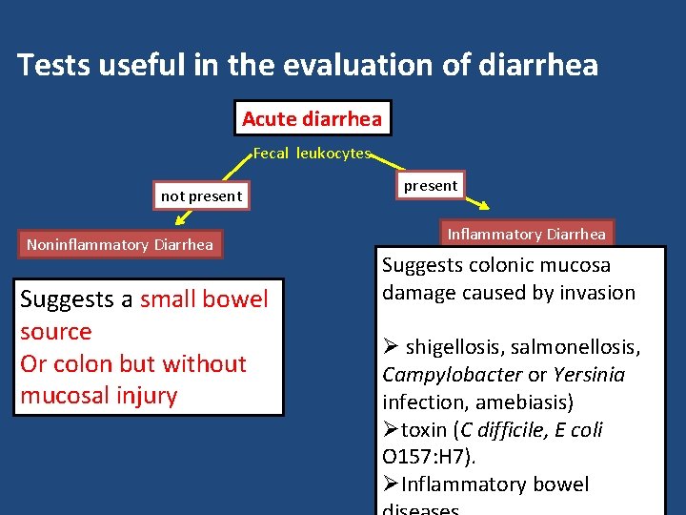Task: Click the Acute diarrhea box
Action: coord(312,119)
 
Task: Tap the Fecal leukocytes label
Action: coord(312,154)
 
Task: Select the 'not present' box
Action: coord(201,196)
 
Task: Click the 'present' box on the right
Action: coord(430,186)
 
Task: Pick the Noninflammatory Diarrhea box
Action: coord(120,245)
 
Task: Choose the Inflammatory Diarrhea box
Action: coord(526,234)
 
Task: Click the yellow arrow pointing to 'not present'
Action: coord(233,169)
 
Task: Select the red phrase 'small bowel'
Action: coord(204,299)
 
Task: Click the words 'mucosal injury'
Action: coord(99,395)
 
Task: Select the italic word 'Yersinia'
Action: coord(589,375)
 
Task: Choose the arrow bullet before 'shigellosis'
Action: coord(391,347)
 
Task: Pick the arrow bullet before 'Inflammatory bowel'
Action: coord(391,484)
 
